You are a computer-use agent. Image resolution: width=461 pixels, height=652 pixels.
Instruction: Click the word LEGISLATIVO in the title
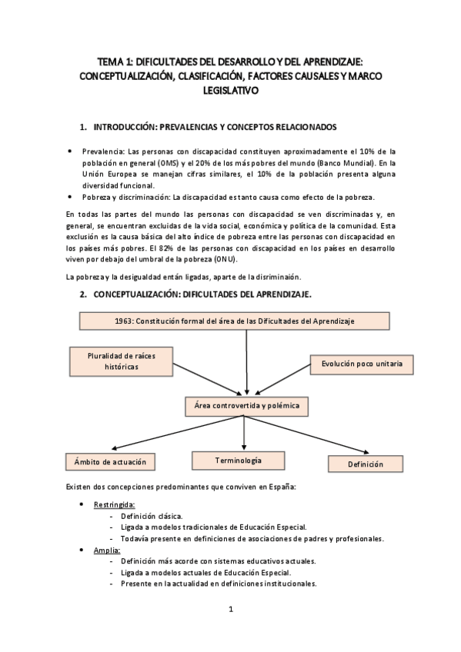tap(231, 91)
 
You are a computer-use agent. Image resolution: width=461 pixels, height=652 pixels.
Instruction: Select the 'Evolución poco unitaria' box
tap(356, 362)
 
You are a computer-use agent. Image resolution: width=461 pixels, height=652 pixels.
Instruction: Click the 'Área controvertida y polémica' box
tap(243, 404)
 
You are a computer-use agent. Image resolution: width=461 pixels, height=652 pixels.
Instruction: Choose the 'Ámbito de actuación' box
tap(110, 462)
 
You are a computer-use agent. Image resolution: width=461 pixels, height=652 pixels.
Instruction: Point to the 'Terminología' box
tap(238, 461)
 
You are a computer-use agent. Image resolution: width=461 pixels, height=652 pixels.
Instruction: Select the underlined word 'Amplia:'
tap(107, 551)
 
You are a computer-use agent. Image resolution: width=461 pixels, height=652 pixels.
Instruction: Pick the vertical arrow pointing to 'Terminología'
tap(244, 432)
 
